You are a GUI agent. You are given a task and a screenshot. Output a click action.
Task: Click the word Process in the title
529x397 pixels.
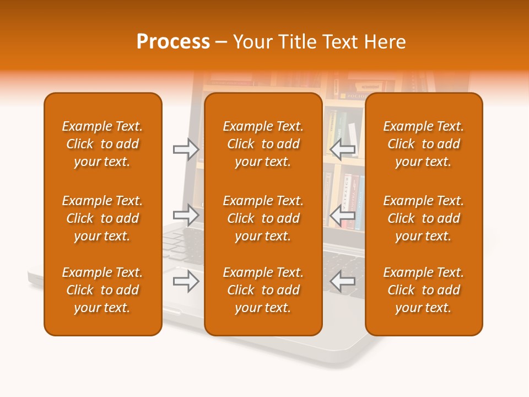(173, 42)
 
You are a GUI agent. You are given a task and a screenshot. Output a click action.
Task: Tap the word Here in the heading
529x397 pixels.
(384, 42)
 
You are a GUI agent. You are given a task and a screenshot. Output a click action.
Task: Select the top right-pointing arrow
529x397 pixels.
(186, 149)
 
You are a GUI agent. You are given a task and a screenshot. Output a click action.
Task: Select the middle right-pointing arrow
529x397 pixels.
(186, 215)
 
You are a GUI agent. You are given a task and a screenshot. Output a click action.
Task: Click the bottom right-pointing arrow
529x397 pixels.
(186, 282)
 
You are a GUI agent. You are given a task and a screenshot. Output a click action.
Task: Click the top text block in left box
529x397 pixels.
(102, 144)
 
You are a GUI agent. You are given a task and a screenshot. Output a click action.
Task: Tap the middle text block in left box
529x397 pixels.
(102, 218)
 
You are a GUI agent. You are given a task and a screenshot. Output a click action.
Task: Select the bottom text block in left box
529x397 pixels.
(102, 290)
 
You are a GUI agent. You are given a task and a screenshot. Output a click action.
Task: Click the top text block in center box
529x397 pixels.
(263, 144)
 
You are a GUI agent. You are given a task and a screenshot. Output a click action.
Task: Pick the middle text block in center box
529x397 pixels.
(263, 218)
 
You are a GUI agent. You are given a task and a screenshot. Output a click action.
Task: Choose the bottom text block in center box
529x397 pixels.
(263, 290)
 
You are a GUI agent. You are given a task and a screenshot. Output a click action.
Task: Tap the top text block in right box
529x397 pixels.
(424, 144)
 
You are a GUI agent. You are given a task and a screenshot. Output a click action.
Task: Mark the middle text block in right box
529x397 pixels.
(424, 218)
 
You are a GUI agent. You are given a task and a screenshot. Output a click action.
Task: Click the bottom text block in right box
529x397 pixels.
(424, 290)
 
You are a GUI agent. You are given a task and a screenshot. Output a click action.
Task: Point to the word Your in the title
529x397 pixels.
(252, 42)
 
